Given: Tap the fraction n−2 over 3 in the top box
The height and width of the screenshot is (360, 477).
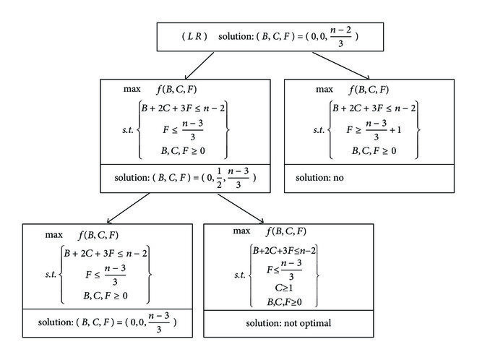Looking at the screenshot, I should click(x=335, y=36).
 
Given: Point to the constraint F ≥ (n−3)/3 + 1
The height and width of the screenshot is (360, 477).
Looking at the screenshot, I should click(x=373, y=132).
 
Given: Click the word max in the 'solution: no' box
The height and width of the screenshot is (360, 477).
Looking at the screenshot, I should click(x=325, y=90).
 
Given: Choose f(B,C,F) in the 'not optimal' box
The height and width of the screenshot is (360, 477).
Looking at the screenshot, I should click(x=286, y=231).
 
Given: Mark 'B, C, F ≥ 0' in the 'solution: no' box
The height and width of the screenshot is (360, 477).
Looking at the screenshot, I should click(x=374, y=150).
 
